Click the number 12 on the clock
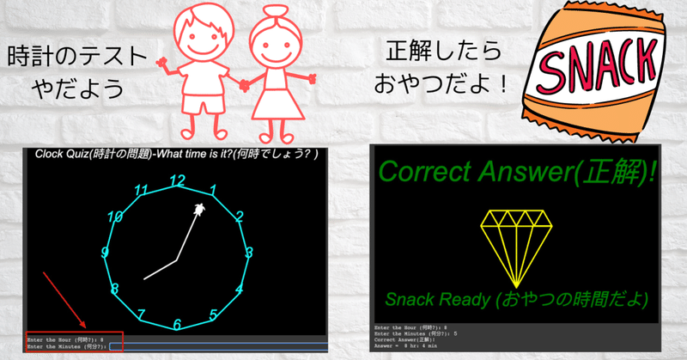coord(177,180)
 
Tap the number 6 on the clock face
coord(177,324)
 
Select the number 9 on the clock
coord(105,253)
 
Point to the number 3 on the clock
coord(249,253)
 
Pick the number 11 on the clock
coord(142,191)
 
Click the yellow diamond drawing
coord(514,246)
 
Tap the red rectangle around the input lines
coord(76,341)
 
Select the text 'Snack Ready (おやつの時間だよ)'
coord(516,300)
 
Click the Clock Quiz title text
coord(176,155)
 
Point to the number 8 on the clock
coord(114,290)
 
